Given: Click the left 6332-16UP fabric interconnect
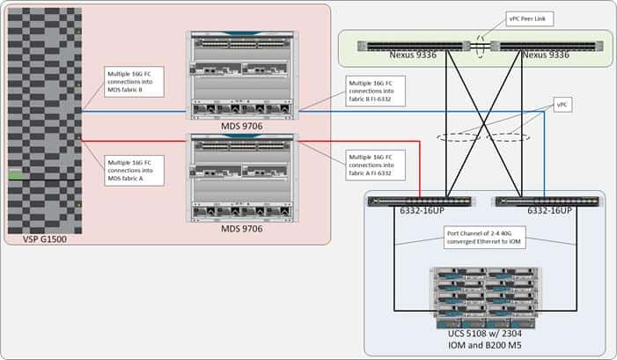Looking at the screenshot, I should [x=420, y=202].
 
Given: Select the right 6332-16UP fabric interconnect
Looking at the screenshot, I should [x=547, y=202].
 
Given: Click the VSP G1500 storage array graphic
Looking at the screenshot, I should [x=44, y=121].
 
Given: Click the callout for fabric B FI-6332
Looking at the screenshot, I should [x=376, y=91].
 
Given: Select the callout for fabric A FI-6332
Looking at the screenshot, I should [x=376, y=165].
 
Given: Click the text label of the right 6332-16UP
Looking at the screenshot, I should [x=549, y=213].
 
